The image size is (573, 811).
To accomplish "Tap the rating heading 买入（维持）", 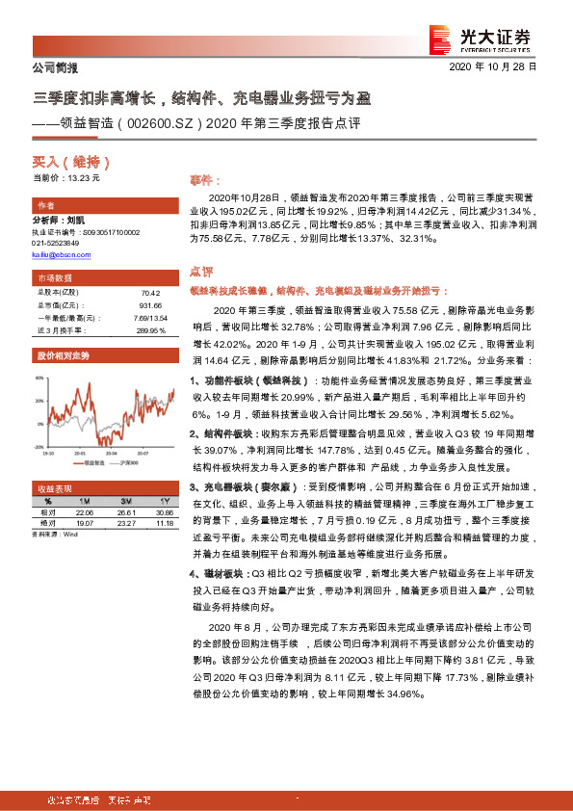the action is pos(65,163).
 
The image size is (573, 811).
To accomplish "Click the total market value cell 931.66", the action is pos(147,302).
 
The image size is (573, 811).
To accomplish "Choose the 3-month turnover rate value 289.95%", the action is pos(146,329).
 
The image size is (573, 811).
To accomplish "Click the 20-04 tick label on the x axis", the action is pos(111,451).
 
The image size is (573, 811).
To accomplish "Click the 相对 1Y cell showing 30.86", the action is pos(163,513).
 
